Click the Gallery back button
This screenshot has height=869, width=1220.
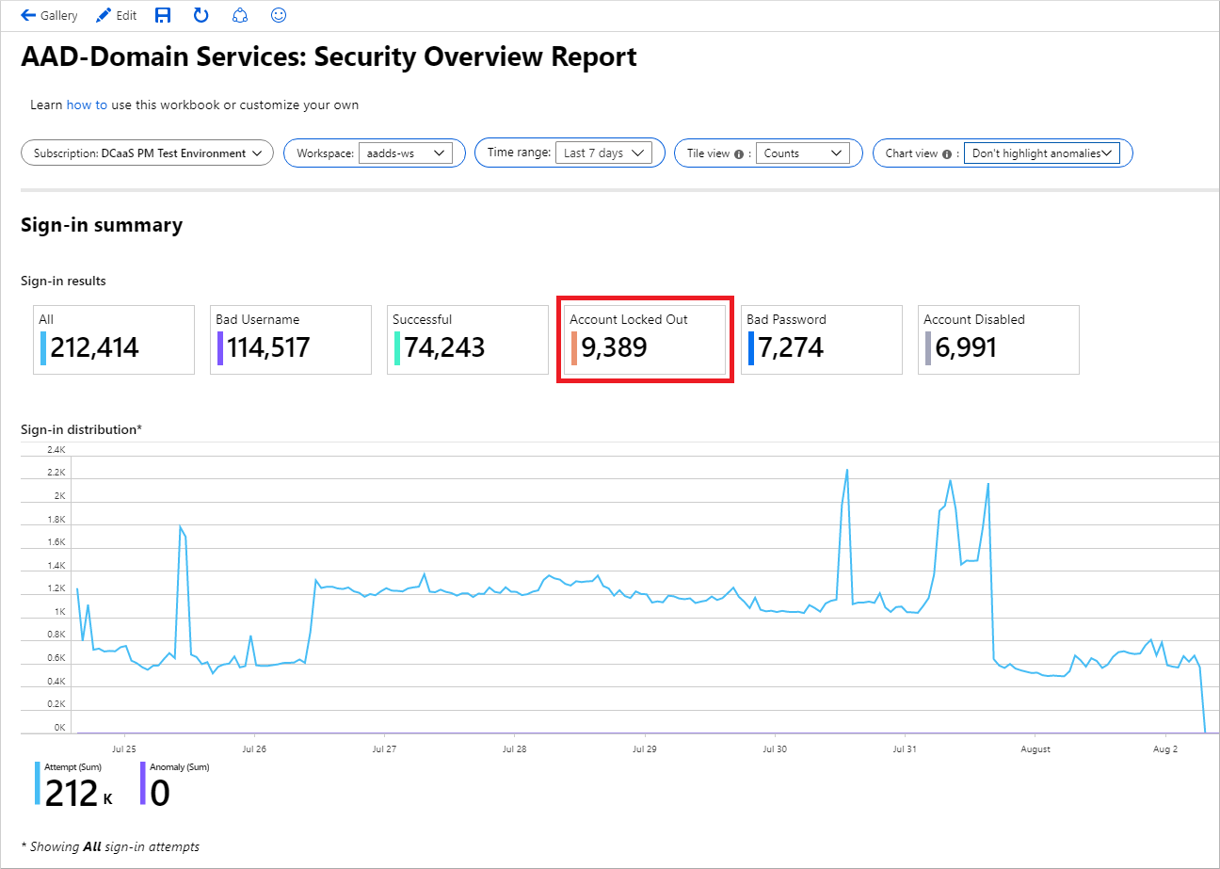click(49, 16)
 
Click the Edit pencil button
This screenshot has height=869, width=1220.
click(116, 16)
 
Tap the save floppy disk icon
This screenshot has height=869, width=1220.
click(163, 15)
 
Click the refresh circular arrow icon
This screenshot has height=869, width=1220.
click(201, 15)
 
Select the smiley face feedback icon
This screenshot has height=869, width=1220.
click(278, 15)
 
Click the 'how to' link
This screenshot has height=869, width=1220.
click(87, 105)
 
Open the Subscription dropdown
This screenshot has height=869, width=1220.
click(147, 153)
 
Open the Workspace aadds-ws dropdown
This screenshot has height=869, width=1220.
click(405, 153)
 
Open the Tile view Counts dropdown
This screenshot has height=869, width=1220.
click(801, 153)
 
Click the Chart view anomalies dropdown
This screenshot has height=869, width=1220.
click(1041, 153)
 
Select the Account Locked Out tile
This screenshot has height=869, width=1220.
click(642, 339)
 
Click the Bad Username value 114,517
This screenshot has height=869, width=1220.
click(263, 348)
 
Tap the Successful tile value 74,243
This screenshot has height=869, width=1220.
click(444, 348)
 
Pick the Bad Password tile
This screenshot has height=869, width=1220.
click(821, 339)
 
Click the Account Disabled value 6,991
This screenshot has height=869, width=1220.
click(966, 348)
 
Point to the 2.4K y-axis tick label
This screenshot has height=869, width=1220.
click(56, 449)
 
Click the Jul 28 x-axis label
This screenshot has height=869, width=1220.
click(514, 749)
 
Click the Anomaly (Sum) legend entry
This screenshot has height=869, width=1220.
click(174, 785)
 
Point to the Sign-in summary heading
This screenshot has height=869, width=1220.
click(102, 225)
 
